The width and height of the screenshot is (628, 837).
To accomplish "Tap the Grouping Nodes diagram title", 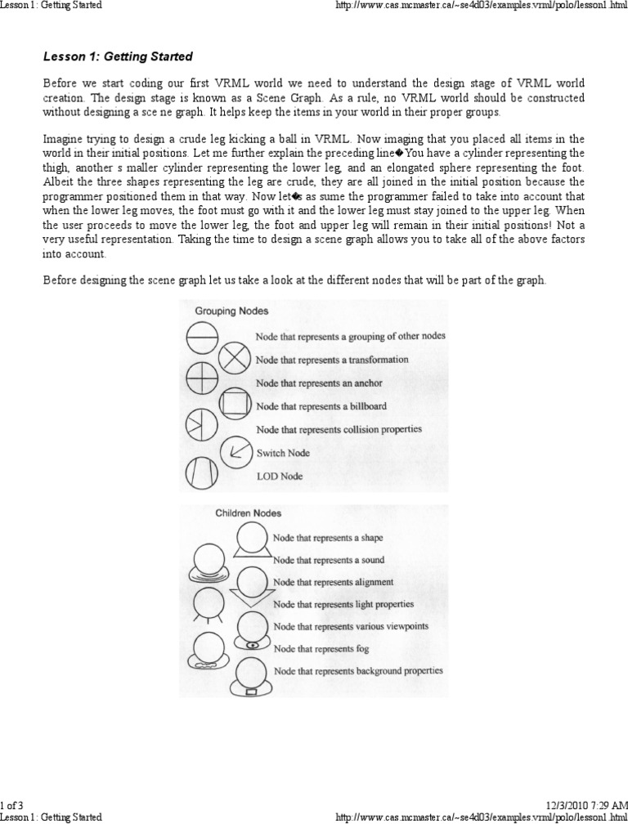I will click(231, 311).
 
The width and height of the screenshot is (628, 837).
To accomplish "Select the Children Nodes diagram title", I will click(248, 513).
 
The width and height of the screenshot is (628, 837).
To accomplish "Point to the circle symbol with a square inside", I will click(235, 404).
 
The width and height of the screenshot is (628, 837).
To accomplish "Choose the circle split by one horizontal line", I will click(200, 335).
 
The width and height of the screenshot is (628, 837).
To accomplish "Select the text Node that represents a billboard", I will click(321, 405).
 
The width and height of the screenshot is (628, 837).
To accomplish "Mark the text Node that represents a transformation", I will click(332, 360).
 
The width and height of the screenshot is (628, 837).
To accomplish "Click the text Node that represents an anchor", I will click(319, 383).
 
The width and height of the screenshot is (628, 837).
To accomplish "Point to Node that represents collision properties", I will click(339, 429).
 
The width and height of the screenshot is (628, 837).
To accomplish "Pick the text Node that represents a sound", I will click(329, 560).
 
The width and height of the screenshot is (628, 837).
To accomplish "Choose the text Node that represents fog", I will click(321, 648).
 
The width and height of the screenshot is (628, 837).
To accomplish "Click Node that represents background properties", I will click(358, 670).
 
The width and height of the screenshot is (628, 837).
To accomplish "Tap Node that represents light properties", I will click(343, 604).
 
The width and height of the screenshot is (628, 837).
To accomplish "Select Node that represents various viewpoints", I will click(352, 626).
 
